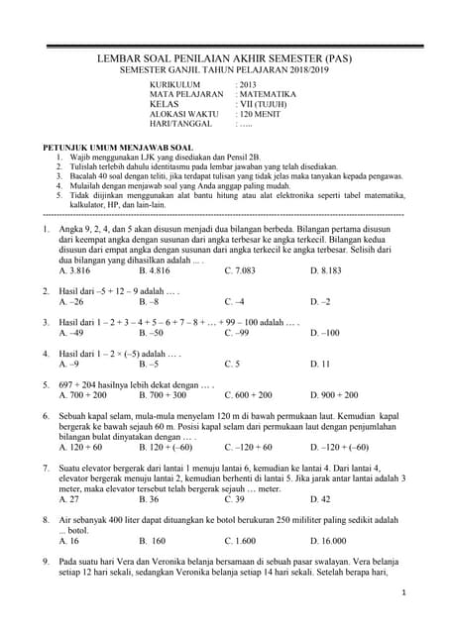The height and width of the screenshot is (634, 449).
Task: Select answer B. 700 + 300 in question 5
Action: [163, 395]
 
